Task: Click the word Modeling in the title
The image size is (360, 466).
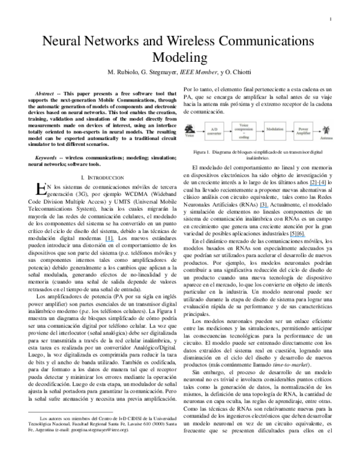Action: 180,57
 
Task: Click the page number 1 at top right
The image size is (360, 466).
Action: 331,19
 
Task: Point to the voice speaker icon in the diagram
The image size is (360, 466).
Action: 189,129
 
